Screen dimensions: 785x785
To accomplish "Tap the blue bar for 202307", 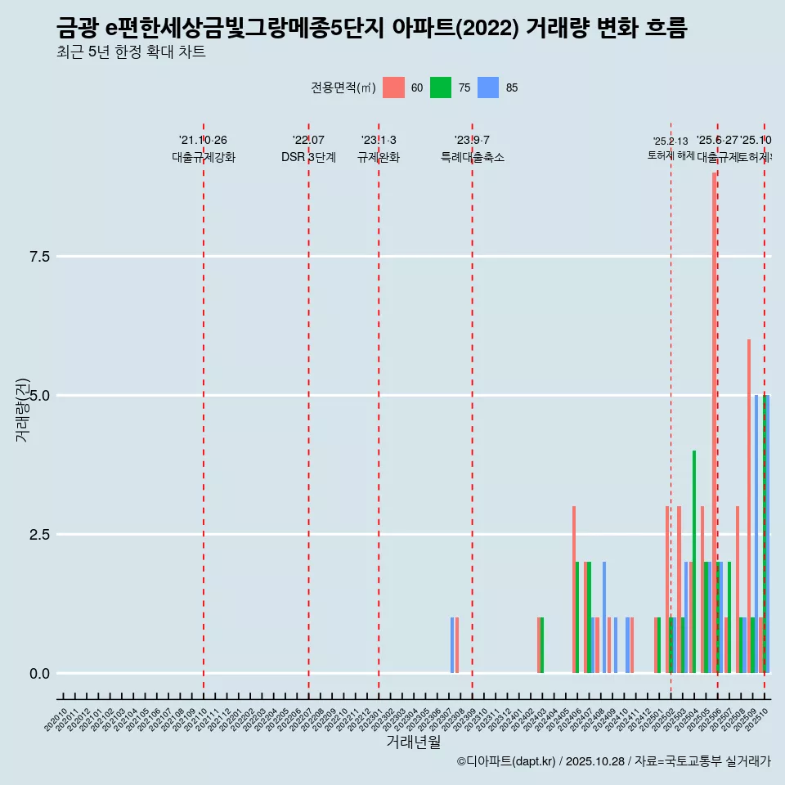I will [x=452, y=645].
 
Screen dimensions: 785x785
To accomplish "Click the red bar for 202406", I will [x=574, y=589].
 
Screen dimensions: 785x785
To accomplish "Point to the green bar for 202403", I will [x=542, y=645].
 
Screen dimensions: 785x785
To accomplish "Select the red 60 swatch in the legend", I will [x=393, y=87].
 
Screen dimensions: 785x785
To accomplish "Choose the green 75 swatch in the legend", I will [x=441, y=87].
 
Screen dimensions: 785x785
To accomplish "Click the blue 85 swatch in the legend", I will [x=488, y=87].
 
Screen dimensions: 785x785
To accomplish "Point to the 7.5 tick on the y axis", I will [x=39, y=257].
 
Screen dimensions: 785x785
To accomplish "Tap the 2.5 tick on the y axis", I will [x=39, y=535].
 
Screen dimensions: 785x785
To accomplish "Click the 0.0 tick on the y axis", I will [x=39, y=674].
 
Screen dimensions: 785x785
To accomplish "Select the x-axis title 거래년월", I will [x=414, y=742].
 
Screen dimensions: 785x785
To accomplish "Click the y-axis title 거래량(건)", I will [x=22, y=410].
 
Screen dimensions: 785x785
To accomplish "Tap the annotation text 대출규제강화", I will [x=204, y=158].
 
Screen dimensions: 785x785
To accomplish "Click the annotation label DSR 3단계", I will [x=308, y=158].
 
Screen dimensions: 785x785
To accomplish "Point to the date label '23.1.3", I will [x=379, y=141].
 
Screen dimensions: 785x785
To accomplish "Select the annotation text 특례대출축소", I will [x=473, y=158].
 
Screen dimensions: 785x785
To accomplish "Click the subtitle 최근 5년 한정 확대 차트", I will [x=131, y=52].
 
